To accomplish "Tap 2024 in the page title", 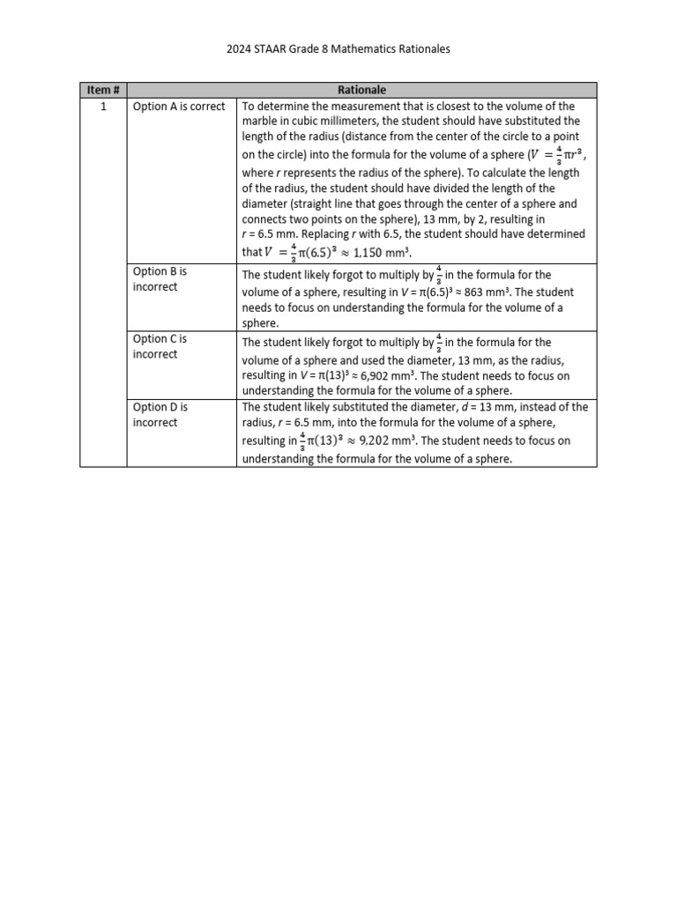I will pyautogui.click(x=239, y=49).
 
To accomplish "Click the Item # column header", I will pyautogui.click(x=103, y=90).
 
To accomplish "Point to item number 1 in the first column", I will pyautogui.click(x=103, y=107).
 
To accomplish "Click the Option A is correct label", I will pyautogui.click(x=179, y=107).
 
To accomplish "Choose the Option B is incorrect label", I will pyautogui.click(x=160, y=278).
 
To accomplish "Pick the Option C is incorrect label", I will pyautogui.click(x=160, y=346).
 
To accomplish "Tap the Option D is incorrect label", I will pyautogui.click(x=160, y=414).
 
